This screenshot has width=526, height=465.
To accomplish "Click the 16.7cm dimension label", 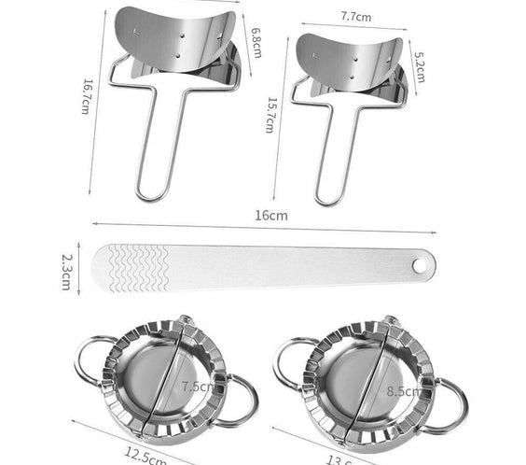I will coord(86,96).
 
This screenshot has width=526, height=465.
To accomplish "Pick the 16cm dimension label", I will coord(270,215).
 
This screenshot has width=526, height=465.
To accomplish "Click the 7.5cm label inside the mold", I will coord(197,386).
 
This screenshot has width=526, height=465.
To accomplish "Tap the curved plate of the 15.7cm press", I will coord(345,61).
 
